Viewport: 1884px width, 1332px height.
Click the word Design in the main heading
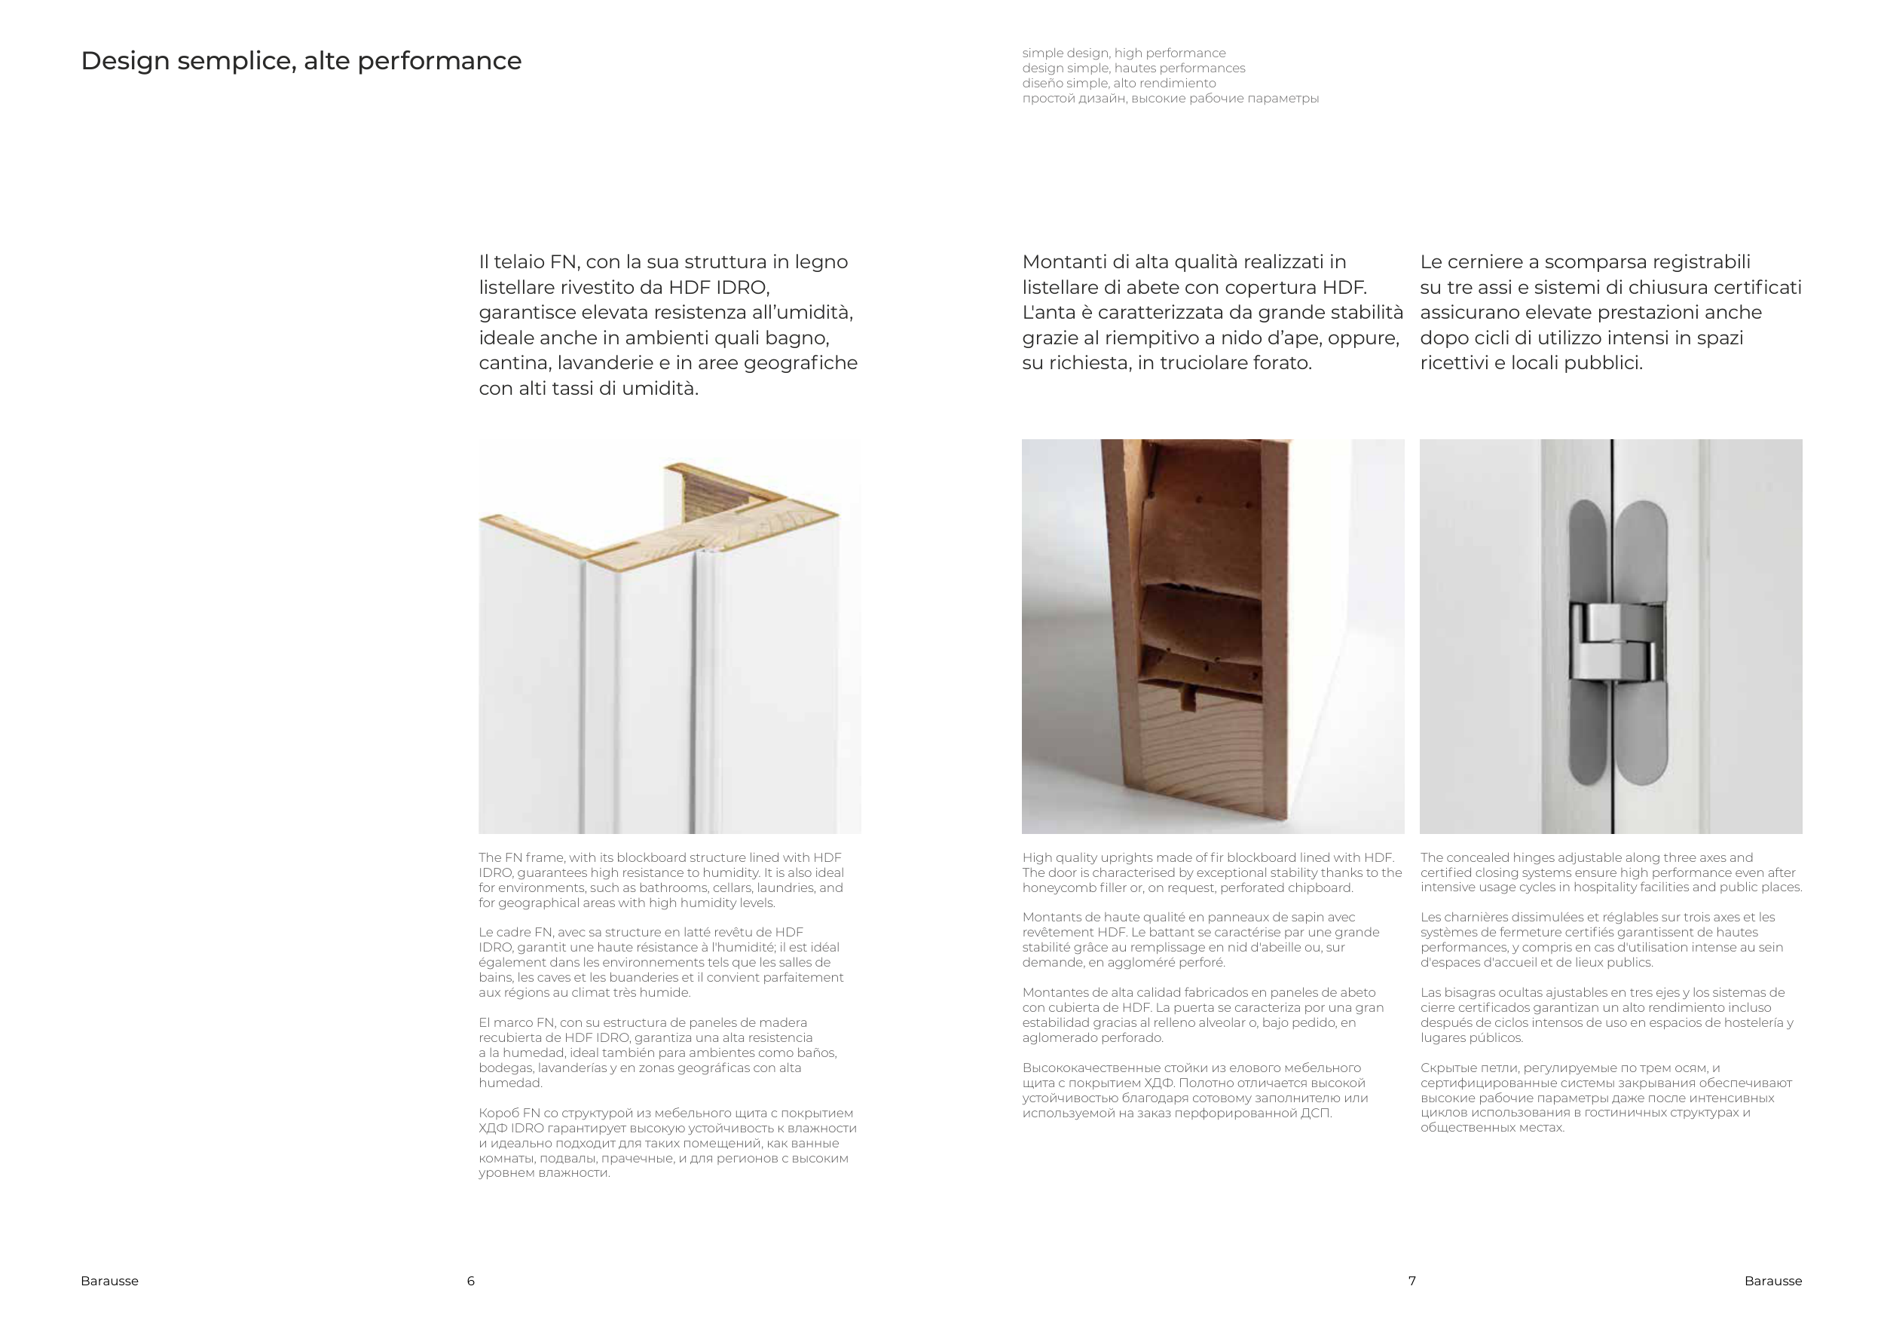pyautogui.click(x=125, y=61)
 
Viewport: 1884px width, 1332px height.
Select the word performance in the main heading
pyautogui.click(x=439, y=61)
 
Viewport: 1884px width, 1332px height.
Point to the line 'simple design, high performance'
pyautogui.click(x=1124, y=53)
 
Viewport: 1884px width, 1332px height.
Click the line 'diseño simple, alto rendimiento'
pyautogui.click(x=1118, y=83)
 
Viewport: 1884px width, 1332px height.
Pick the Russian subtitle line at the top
pyautogui.click(x=1170, y=99)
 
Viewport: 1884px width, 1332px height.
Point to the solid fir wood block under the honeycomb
pyautogui.click(x=1165, y=762)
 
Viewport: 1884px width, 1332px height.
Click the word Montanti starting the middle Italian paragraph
pyautogui.click(x=1064, y=261)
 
